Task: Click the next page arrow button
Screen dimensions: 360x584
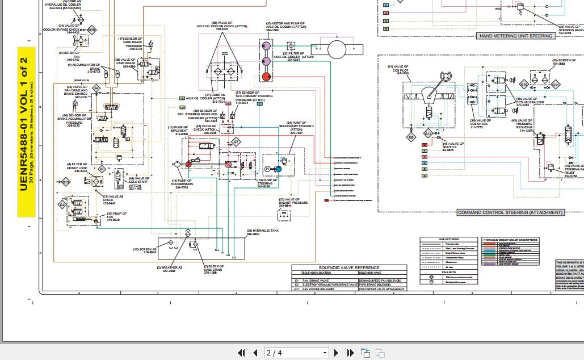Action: [x=336, y=353]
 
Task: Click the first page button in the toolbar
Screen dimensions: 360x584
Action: [x=242, y=353]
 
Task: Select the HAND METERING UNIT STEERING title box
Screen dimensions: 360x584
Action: [x=515, y=36]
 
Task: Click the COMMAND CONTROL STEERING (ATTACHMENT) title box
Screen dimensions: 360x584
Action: [x=510, y=212]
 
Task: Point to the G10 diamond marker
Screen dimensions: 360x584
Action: [x=524, y=84]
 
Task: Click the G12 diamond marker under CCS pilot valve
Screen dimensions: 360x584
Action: [x=428, y=135]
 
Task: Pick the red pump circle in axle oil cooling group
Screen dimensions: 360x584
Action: [x=266, y=77]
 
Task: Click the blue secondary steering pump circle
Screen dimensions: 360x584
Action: [x=279, y=169]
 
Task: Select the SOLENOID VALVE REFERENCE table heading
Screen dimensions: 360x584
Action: [x=349, y=267]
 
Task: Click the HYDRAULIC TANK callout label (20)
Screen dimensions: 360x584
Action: [x=262, y=232]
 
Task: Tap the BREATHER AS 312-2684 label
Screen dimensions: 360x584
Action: [x=172, y=269]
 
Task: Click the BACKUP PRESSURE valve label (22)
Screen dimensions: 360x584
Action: [x=293, y=201]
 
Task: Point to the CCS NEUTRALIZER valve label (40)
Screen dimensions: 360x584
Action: [x=526, y=103]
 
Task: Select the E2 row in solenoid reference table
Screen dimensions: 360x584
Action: [x=349, y=284]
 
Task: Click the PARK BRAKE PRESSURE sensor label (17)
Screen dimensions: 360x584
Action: [x=130, y=44]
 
